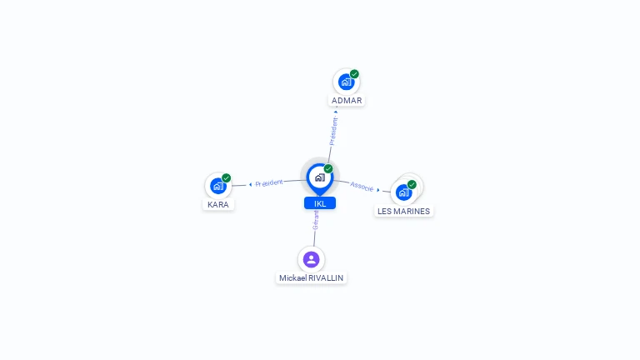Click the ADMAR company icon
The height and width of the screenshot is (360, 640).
click(346, 82)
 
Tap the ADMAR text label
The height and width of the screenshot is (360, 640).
click(347, 101)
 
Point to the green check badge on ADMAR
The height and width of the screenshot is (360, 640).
click(354, 74)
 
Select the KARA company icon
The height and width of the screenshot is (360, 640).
click(217, 186)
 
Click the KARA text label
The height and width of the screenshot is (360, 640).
click(218, 204)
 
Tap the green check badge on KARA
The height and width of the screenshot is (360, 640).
click(226, 177)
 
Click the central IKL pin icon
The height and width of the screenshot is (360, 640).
click(319, 177)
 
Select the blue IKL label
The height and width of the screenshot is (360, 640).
click(320, 203)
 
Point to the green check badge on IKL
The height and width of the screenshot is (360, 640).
click(328, 168)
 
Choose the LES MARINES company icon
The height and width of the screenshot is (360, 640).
click(403, 192)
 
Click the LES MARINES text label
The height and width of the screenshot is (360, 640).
click(403, 211)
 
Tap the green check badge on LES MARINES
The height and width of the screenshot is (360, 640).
click(412, 184)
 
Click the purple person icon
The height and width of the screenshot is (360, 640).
click(312, 259)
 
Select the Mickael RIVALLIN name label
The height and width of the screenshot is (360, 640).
click(312, 277)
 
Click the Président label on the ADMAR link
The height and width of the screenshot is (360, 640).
click(333, 131)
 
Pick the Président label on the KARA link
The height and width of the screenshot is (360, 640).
click(269, 182)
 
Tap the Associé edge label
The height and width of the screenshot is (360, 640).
click(362, 186)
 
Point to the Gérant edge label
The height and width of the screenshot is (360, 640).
click(316, 220)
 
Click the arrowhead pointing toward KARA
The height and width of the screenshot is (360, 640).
click(250, 184)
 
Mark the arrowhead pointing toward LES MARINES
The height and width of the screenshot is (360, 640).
click(378, 190)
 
